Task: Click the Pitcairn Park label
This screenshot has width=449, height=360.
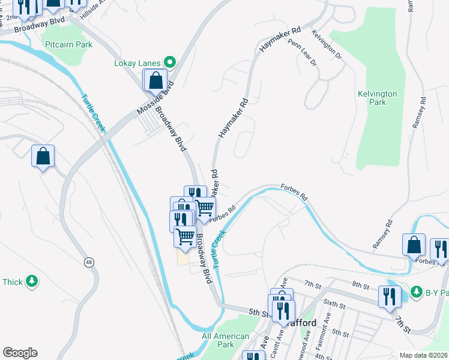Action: pos(68,44)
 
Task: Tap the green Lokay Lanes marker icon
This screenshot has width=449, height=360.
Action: pos(170,62)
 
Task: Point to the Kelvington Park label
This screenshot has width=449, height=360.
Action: pos(377,98)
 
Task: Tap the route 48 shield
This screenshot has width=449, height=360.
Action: pos(89,262)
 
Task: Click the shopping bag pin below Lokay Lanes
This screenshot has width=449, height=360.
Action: pos(155,80)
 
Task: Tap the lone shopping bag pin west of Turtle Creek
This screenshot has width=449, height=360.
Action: pos(43,156)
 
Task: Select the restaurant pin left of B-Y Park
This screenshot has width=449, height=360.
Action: pos(390,296)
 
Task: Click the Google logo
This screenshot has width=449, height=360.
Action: pos(20,353)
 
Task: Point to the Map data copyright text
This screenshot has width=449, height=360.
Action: pos(423,355)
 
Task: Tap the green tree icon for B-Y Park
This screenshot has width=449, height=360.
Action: pos(416,291)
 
